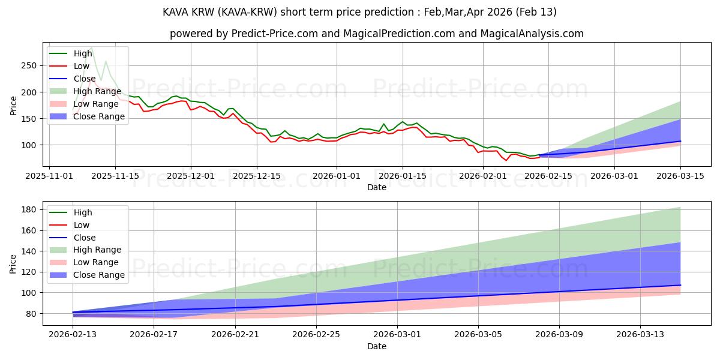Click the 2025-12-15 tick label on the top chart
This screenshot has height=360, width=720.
(257, 176)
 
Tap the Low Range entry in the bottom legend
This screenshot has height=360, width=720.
(97, 262)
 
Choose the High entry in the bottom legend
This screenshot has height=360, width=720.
(83, 212)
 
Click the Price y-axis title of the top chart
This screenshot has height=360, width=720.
(14, 105)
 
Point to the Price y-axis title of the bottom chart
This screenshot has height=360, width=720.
(14, 263)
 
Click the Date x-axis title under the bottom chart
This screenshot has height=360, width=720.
(376, 346)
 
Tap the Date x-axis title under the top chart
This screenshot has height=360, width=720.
(376, 187)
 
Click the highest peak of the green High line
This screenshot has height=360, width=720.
(91, 48)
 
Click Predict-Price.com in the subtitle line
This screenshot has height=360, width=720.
(244, 34)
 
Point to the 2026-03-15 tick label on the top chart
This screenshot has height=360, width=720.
(680, 176)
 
